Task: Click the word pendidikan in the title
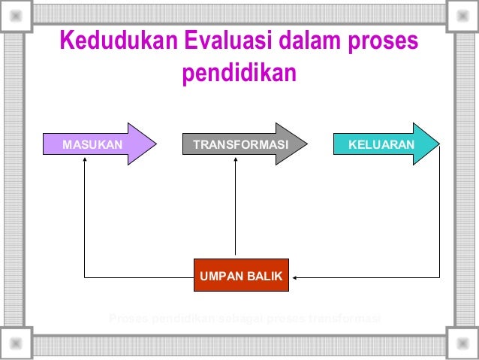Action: point(239,75)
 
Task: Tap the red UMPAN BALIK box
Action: point(240,277)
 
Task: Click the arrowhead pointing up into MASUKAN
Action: point(85,161)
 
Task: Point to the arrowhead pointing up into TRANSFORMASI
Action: point(235,161)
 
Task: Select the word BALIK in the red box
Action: point(264,277)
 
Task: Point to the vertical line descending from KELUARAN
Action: point(439,218)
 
